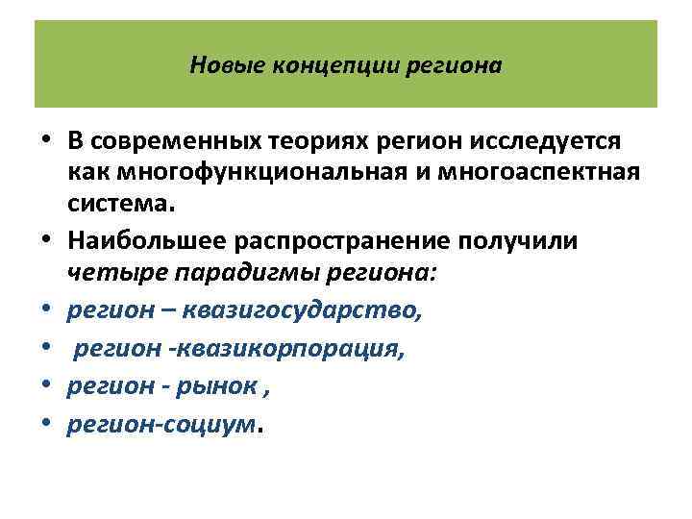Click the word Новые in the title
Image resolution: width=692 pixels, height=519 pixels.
[x=220, y=66]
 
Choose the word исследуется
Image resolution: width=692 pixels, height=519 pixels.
[x=542, y=142]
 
